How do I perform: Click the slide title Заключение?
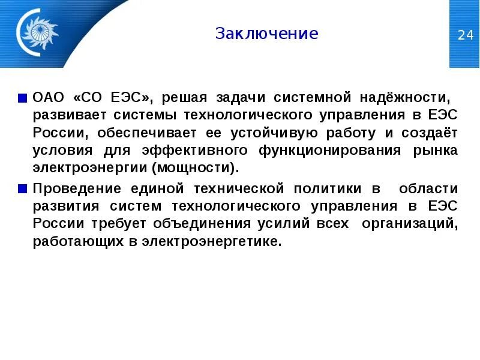[266, 34]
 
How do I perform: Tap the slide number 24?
[465, 35]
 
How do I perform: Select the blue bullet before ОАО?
[22, 97]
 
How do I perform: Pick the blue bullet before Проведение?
[22, 189]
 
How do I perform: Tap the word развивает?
[64, 115]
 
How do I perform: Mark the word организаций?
[415, 224]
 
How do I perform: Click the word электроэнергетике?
[212, 242]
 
